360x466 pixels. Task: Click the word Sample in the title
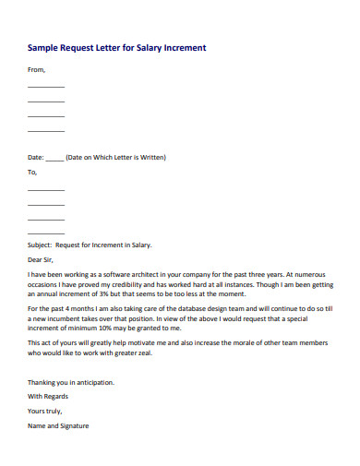[43, 46]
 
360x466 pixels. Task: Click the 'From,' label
[36, 69]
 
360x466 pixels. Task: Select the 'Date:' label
[36, 157]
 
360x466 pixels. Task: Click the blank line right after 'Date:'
[54, 159]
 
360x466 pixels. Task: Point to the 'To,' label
[33, 172]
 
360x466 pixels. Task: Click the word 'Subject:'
[40, 245]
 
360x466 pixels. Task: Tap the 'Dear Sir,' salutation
[42, 260]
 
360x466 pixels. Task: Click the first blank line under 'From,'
[46, 86]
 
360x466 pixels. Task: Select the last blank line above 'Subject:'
[46, 233]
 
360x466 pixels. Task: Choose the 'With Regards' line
[46, 397]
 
